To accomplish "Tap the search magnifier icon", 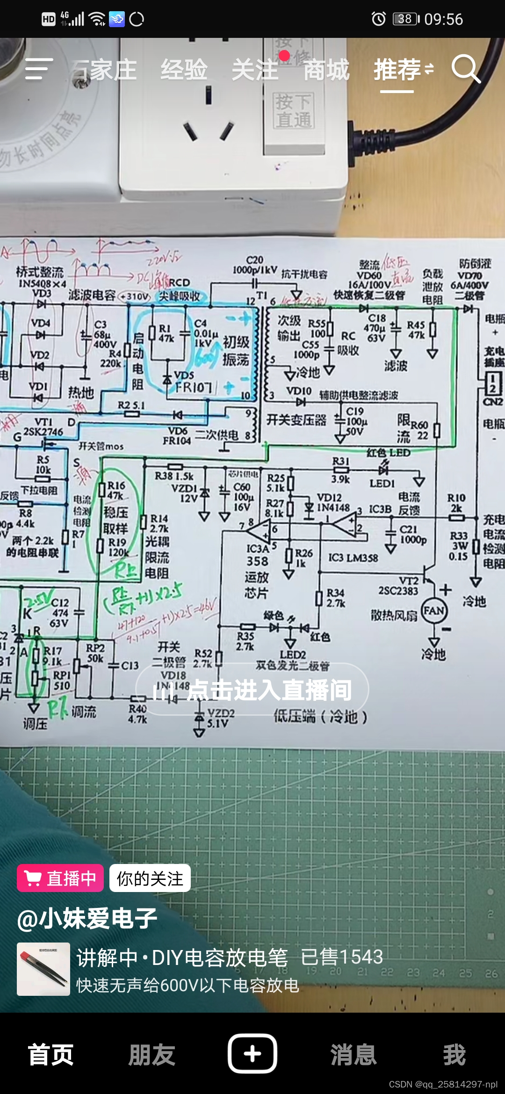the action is [466, 69].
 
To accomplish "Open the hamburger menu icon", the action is [38, 69].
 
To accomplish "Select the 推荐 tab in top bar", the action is [397, 70].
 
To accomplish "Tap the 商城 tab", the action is [326, 70].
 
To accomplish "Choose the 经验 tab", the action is [184, 70].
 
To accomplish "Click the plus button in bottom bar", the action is [252, 1054].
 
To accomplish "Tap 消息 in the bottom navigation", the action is [353, 1055].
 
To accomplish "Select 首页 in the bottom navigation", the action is [50, 1055].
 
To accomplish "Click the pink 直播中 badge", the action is [60, 878].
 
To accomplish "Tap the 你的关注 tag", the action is [150, 878].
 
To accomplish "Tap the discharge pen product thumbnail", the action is [43, 969].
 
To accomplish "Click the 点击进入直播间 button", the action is [252, 690].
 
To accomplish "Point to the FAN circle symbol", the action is [434, 611].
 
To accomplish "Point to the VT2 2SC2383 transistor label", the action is [398, 586].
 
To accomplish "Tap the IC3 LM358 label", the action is [353, 557].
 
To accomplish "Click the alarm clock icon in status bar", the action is [378, 19].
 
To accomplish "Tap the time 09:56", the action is [443, 19].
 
